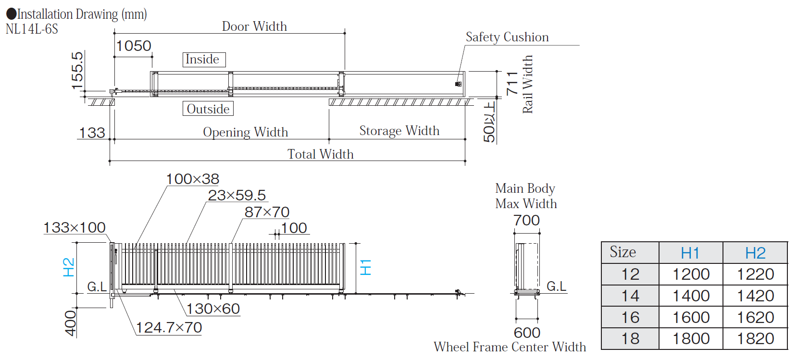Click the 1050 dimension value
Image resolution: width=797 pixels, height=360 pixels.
coord(134,46)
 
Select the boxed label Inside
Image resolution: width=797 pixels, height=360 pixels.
coord(204,60)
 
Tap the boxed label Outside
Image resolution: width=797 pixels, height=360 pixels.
coord(208,109)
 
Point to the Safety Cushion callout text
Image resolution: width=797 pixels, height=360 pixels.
coord(507,37)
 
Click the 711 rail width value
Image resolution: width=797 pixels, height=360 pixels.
coord(512,83)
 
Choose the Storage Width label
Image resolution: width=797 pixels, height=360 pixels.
coord(399,131)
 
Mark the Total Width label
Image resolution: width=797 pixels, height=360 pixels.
coord(320,154)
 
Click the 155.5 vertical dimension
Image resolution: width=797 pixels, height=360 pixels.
coord(77,71)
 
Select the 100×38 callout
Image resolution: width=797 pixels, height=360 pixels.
coord(192,179)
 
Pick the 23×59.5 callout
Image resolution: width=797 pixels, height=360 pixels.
coord(237,195)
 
